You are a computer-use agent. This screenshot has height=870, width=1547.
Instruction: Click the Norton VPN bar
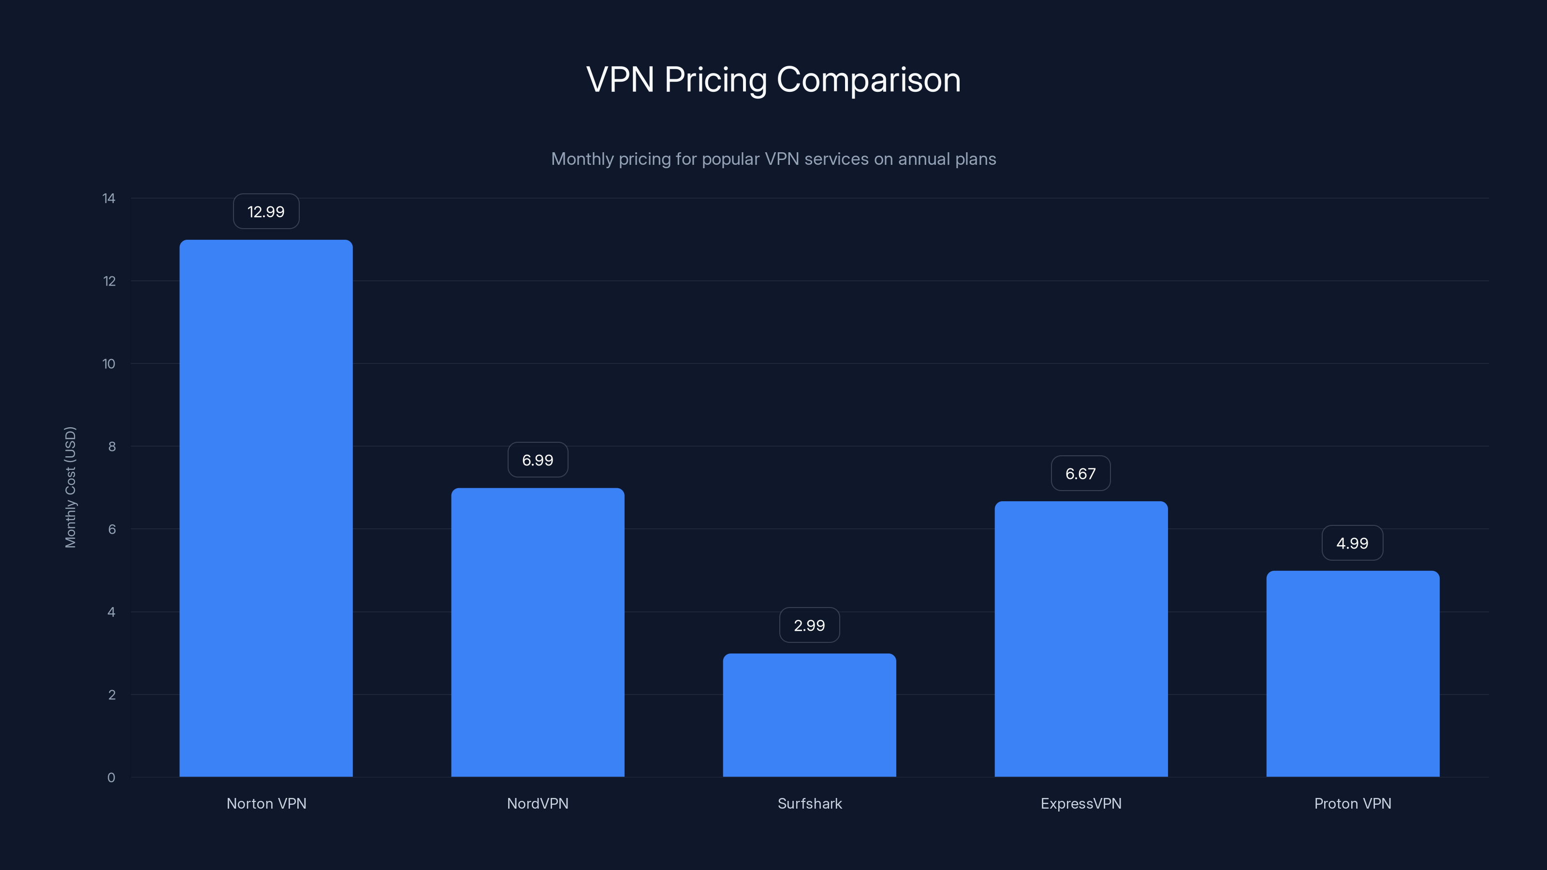pyautogui.click(x=266, y=508)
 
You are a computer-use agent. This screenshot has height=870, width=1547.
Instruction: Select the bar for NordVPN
pyautogui.click(x=538, y=632)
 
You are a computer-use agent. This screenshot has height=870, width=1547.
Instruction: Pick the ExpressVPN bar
pyautogui.click(x=1081, y=639)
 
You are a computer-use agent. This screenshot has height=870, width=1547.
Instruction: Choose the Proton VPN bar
pyautogui.click(x=1353, y=674)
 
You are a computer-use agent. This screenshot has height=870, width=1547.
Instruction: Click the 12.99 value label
pyautogui.click(x=266, y=211)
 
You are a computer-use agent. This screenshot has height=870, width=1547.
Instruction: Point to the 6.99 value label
pyautogui.click(x=538, y=460)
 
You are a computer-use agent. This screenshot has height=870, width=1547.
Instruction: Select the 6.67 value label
pyautogui.click(x=1080, y=474)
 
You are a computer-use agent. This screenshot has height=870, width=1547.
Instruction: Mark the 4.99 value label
pyautogui.click(x=1352, y=543)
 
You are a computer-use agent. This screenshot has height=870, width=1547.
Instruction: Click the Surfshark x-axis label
pyautogui.click(x=810, y=803)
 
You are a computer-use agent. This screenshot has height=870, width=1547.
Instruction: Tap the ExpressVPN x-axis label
pyautogui.click(x=1081, y=803)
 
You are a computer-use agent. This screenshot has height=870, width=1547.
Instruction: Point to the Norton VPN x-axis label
pyautogui.click(x=266, y=803)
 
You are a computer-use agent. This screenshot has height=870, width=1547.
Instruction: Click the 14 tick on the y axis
pyautogui.click(x=109, y=198)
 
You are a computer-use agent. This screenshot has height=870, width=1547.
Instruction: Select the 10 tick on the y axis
pyautogui.click(x=109, y=364)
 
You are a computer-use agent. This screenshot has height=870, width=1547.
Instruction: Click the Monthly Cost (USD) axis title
pyautogui.click(x=70, y=487)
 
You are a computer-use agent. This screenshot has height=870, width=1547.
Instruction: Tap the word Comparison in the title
pyautogui.click(x=868, y=80)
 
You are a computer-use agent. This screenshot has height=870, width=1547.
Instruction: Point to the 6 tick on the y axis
pyautogui.click(x=112, y=529)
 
